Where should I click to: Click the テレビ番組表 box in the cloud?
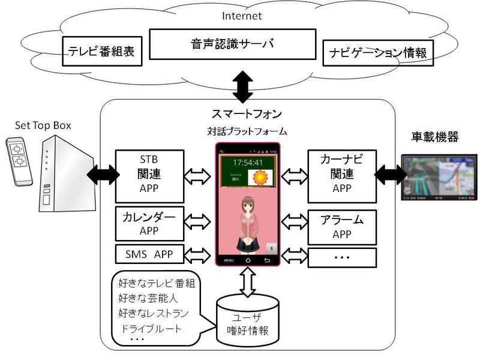101,53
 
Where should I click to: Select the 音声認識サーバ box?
232,43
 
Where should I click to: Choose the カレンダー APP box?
148,223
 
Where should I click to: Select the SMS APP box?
148,254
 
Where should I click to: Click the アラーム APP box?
342,226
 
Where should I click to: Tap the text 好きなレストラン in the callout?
154,313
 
